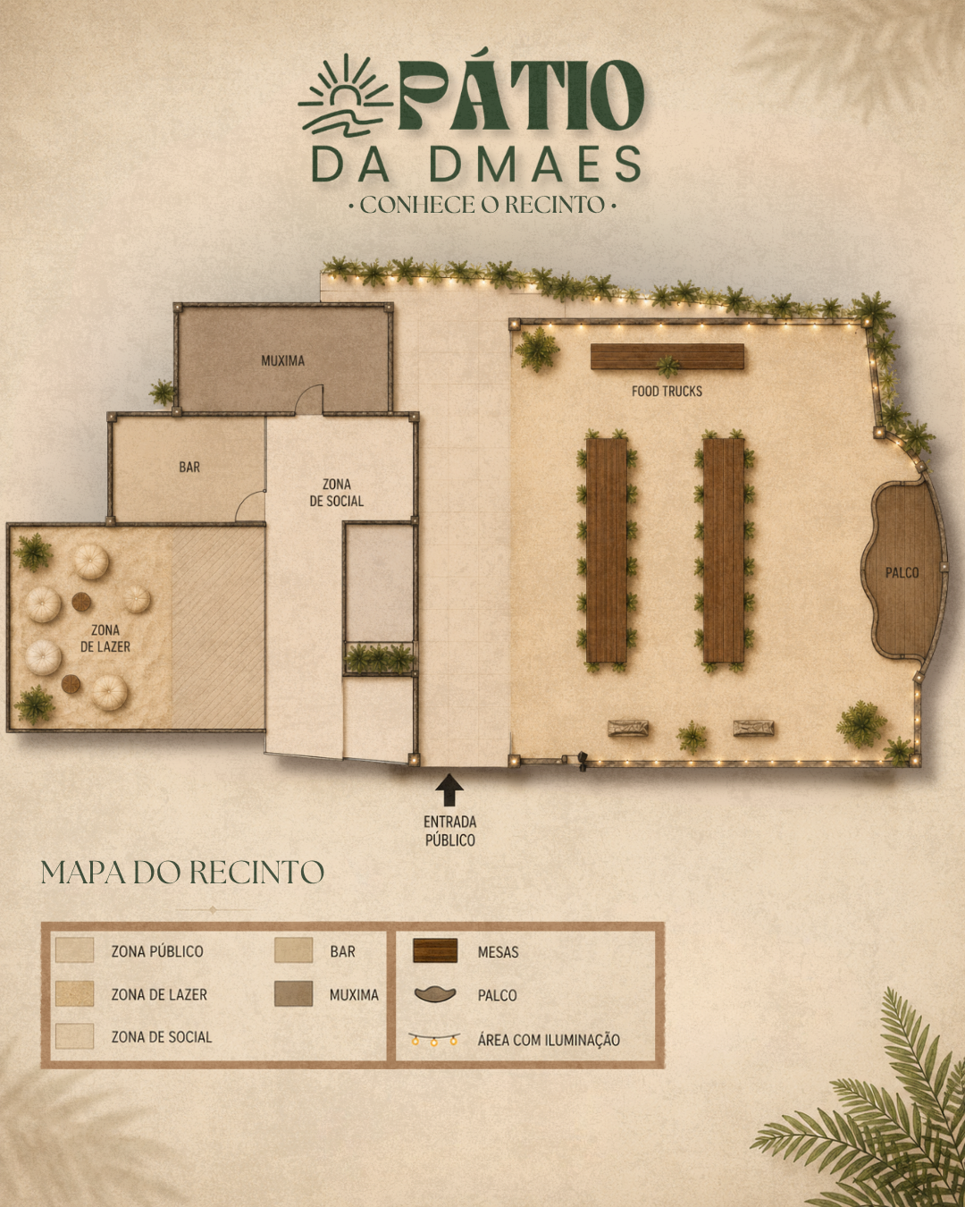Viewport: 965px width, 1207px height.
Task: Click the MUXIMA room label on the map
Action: (282, 360)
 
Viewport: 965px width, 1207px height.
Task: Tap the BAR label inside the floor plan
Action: (189, 468)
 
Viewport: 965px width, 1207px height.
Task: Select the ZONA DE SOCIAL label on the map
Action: (337, 493)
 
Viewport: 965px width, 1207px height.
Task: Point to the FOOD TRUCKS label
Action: (667, 391)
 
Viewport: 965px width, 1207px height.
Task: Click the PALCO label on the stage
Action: (902, 572)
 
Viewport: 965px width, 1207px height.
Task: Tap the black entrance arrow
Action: (449, 789)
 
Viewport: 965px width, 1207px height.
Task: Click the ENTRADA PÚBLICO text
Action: (449, 831)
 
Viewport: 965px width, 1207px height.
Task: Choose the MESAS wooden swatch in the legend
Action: (435, 951)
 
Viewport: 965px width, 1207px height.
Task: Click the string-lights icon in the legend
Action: (434, 1039)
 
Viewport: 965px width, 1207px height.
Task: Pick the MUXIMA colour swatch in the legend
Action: (293, 994)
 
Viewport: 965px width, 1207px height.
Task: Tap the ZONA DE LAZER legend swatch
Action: (74, 994)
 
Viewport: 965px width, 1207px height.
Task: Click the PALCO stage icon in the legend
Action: (435, 995)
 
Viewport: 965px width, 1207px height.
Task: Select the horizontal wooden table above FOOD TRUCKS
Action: (667, 357)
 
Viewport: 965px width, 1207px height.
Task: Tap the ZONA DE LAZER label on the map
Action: (105, 638)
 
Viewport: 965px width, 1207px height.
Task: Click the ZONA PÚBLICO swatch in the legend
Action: (74, 950)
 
